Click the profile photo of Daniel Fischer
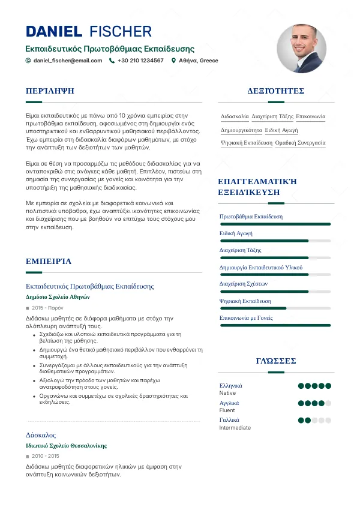(302, 49)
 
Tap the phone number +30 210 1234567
(140, 61)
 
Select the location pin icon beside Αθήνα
(173, 61)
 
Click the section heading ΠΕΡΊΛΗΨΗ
(50, 91)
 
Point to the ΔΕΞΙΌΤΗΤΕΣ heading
(276, 91)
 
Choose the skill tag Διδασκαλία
(235, 116)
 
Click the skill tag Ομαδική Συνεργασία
(300, 143)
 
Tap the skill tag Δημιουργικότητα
(241, 130)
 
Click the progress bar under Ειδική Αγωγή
(275, 241)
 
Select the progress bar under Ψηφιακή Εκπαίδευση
(275, 308)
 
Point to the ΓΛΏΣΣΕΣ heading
(276, 361)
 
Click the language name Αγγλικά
(229, 403)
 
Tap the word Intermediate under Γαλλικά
(235, 428)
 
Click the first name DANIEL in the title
(54, 31)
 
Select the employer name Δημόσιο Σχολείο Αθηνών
(58, 296)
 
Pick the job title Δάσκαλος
(41, 434)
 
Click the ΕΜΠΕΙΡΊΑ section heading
(49, 262)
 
